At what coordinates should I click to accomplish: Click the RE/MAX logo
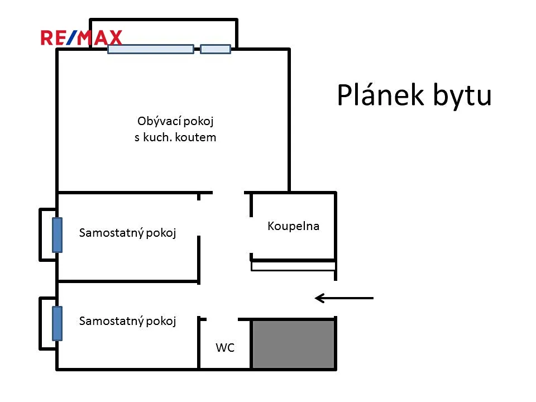pos(82,37)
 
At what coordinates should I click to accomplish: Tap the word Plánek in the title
pos(380,95)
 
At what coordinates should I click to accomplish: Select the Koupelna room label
pos(293,226)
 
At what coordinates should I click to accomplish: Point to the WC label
pos(225,348)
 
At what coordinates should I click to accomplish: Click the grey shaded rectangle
pos(293,344)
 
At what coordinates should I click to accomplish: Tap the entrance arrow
pos(344,298)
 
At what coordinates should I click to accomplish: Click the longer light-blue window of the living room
pos(151,49)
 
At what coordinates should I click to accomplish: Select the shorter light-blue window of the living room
pos(216,49)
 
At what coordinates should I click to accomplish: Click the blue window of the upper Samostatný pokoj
pos(57,235)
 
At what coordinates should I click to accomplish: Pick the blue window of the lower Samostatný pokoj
pos(57,323)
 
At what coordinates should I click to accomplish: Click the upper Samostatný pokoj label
pos(127,233)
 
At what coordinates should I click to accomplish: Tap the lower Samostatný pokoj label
pos(127,321)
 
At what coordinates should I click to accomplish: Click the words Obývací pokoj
pos(175,121)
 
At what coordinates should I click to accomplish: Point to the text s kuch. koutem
pos(175,137)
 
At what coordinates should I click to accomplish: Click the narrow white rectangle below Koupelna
pos(293,266)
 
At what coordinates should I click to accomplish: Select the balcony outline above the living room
pos(164,20)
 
